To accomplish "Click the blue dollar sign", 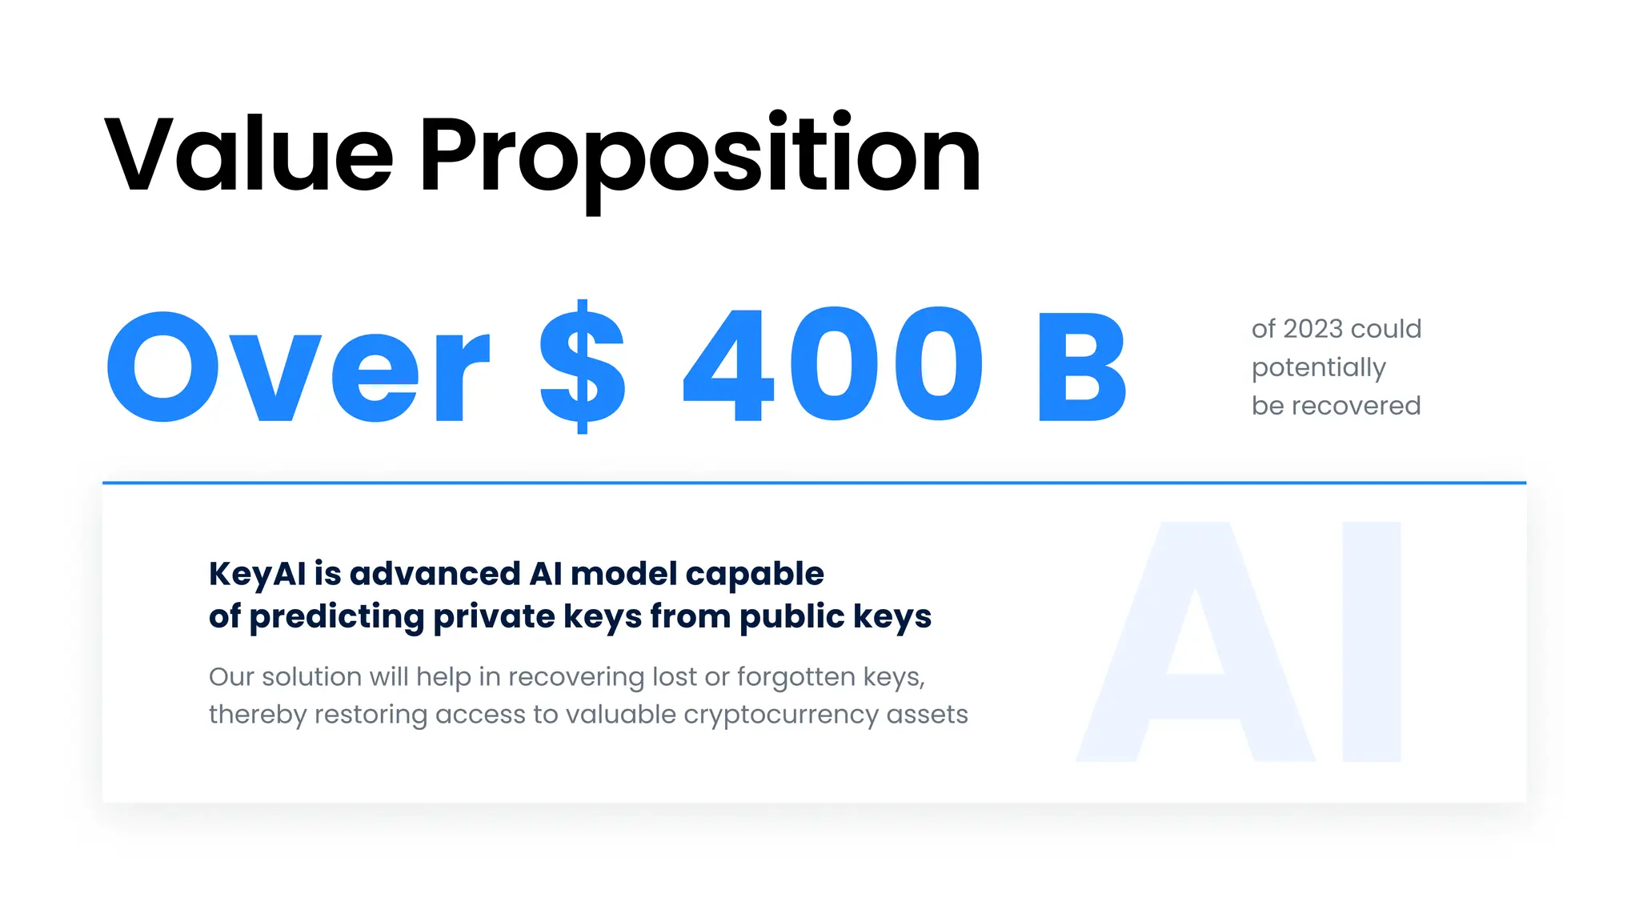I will tap(582, 367).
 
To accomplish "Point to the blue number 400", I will tap(832, 365).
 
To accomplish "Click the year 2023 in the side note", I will tap(1313, 329).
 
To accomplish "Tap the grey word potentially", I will tap(1318, 368).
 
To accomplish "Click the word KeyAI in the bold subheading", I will tap(257, 574).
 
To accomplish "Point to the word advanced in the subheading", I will tap(435, 574).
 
